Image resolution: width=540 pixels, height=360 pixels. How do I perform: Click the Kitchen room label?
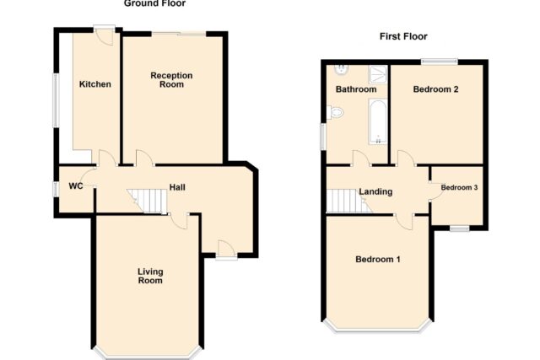(95, 84)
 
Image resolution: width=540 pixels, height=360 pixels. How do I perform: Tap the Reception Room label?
(171, 80)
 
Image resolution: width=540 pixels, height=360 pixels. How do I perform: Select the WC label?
(76, 186)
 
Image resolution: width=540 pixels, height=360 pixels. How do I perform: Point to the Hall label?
(177, 187)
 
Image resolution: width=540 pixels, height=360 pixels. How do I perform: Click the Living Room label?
(150, 276)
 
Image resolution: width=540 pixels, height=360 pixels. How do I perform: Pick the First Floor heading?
(403, 36)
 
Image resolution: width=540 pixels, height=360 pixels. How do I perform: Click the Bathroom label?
(356, 89)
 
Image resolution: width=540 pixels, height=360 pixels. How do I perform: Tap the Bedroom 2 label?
(435, 89)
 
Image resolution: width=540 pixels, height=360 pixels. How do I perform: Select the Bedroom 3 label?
(459, 187)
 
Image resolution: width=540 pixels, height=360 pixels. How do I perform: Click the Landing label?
(375, 191)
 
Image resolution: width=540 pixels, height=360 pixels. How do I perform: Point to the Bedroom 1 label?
(378, 259)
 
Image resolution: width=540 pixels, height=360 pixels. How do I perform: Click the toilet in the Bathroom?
(335, 112)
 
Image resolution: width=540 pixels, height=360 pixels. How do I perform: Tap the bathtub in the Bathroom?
(378, 121)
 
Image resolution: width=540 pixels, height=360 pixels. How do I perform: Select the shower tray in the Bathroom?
(378, 74)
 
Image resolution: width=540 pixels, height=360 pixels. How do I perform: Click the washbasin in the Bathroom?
(341, 69)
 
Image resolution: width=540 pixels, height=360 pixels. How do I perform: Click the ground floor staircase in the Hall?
(147, 201)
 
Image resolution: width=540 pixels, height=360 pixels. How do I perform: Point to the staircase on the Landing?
(348, 201)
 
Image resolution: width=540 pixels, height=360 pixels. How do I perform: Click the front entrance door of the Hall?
(226, 250)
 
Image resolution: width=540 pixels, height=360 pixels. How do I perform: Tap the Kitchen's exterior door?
(105, 35)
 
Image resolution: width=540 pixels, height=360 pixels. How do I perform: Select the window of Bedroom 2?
(440, 62)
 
